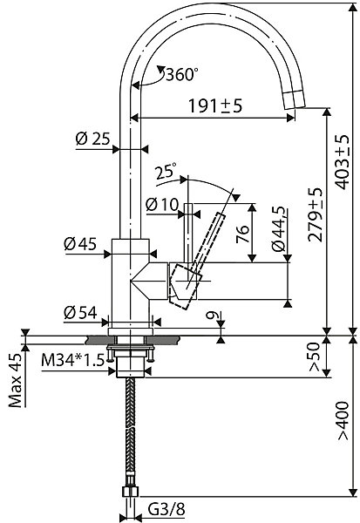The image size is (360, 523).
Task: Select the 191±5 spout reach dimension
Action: pyautogui.click(x=215, y=106)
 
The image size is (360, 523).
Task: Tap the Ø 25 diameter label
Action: pyautogui.click(x=92, y=139)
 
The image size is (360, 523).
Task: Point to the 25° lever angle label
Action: pyautogui.click(x=166, y=171)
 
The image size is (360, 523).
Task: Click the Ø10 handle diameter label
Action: pyautogui.click(x=162, y=204)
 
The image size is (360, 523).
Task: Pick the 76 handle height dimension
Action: pyautogui.click(x=242, y=234)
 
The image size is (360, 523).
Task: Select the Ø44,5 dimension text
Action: pyautogui.click(x=279, y=228)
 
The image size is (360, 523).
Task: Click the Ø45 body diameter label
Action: pyautogui.click(x=80, y=244)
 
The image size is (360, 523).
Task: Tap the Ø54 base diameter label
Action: pyautogui.click(x=80, y=313)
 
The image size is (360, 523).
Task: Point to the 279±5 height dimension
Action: pyautogui.click(x=316, y=214)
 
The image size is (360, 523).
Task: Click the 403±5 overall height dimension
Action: pyautogui.click(x=341, y=162)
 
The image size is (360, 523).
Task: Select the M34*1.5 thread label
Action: pyautogui.click(x=72, y=360)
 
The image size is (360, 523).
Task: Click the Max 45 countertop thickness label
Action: pyautogui.click(x=16, y=380)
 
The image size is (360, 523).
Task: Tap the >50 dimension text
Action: pyautogui.click(x=315, y=357)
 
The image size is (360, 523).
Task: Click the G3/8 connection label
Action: pyautogui.click(x=166, y=510)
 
